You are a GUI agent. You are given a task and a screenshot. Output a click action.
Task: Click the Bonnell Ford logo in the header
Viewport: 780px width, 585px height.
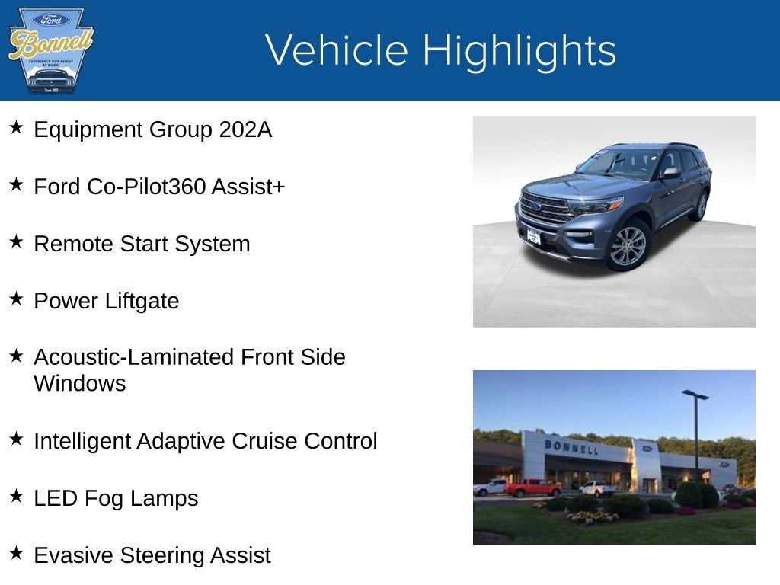[x=50, y=50]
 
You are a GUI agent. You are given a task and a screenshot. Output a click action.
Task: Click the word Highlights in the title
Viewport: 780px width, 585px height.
[x=519, y=50]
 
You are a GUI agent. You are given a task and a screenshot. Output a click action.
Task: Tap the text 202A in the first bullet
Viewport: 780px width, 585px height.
[x=245, y=129]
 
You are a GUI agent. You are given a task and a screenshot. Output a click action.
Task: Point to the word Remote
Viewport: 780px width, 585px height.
[x=73, y=244]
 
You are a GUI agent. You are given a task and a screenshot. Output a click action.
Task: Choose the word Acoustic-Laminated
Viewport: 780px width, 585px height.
[x=134, y=357]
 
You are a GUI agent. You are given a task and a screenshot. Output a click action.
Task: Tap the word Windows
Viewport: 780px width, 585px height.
[x=79, y=383]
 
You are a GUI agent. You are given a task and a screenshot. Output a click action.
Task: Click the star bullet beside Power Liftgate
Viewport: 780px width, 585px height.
[x=16, y=299]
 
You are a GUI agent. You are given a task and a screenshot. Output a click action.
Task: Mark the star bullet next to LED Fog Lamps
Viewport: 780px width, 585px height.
[x=16, y=496]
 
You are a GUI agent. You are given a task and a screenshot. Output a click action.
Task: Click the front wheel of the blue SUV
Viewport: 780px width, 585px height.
[x=628, y=245]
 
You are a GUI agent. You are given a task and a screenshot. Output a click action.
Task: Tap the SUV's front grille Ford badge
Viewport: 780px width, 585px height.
[x=536, y=206]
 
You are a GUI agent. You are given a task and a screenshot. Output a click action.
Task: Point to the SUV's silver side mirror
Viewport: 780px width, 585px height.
[x=670, y=173]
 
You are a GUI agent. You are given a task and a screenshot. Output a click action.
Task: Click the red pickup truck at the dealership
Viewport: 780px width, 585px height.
[x=532, y=487]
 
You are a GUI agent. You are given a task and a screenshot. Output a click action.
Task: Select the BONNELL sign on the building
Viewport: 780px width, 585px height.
[x=571, y=446]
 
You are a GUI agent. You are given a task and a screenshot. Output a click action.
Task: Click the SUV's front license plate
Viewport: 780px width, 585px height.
[x=535, y=237]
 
